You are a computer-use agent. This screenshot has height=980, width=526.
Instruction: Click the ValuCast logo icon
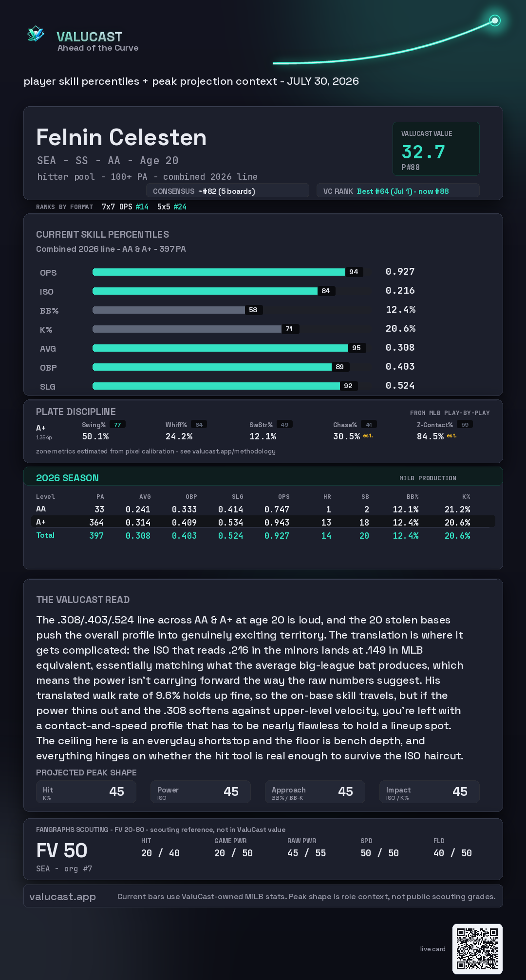click(36, 34)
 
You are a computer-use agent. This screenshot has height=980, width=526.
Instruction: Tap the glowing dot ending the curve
click(495, 20)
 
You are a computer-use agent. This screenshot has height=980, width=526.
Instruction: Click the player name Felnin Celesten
click(121, 137)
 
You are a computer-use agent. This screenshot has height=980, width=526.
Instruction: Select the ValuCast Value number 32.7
click(423, 152)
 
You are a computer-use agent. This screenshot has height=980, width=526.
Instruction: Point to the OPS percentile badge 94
click(354, 272)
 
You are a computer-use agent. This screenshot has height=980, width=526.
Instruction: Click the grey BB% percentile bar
click(169, 310)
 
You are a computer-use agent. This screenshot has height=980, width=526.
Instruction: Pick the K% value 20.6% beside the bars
click(400, 328)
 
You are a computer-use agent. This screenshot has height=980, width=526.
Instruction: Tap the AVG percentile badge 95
click(357, 348)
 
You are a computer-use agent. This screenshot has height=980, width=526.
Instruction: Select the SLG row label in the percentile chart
click(48, 387)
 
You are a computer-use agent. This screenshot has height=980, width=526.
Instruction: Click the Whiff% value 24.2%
click(179, 436)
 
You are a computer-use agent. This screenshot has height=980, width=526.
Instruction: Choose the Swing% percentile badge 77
click(117, 425)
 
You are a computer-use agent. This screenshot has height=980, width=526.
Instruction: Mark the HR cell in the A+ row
click(326, 522)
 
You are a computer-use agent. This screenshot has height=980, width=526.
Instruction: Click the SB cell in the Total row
click(364, 535)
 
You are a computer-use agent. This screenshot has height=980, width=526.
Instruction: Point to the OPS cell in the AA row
click(277, 509)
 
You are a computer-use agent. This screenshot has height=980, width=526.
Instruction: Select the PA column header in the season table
click(100, 497)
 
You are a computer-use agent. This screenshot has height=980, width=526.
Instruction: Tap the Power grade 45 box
click(201, 792)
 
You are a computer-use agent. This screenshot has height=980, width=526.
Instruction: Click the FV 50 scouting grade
click(62, 850)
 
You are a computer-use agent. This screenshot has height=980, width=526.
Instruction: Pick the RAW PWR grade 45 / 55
click(307, 853)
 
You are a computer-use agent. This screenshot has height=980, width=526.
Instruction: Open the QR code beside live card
click(477, 949)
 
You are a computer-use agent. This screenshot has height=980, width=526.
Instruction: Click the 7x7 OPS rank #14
click(142, 207)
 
